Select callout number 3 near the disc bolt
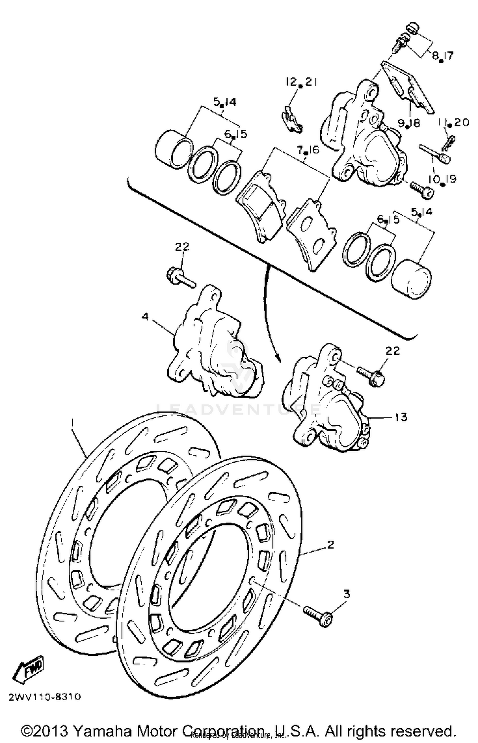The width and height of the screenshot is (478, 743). tap(346, 594)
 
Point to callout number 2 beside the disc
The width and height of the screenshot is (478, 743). tap(330, 544)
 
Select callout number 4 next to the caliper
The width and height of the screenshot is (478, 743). tap(145, 317)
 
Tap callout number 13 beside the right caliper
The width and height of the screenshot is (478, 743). tap(401, 417)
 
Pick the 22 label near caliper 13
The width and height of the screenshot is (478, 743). tap(392, 351)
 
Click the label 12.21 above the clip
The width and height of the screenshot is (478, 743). tap(301, 82)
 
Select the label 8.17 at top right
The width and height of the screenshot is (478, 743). tap(443, 56)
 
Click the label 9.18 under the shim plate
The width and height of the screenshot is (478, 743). tap(409, 123)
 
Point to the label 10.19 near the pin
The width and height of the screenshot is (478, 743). tap(442, 179)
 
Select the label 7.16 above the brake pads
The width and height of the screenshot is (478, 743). tap(308, 150)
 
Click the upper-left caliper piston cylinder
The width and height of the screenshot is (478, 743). tap(174, 149)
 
